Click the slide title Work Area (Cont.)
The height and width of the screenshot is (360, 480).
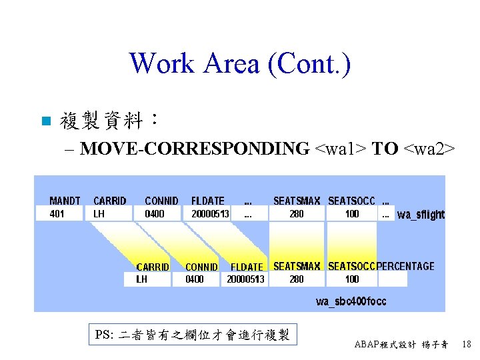[240, 64]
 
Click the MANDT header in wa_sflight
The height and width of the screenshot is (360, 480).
[65, 201]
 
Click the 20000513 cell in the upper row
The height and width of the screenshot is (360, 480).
[211, 214]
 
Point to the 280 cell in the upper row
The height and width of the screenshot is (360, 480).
[297, 214]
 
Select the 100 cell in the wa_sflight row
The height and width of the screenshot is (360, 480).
[351, 214]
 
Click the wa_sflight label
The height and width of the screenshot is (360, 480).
[421, 215]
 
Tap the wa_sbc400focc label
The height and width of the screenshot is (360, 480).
[351, 301]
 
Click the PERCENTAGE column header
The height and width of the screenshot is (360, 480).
[405, 266]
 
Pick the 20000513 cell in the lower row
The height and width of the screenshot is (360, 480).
[245, 279]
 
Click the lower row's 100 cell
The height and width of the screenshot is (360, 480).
[351, 279]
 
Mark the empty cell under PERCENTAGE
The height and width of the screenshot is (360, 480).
[393, 279]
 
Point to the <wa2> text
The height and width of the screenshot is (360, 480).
[429, 149]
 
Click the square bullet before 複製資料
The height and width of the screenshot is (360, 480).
[45, 121]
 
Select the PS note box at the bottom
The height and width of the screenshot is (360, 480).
[192, 335]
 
